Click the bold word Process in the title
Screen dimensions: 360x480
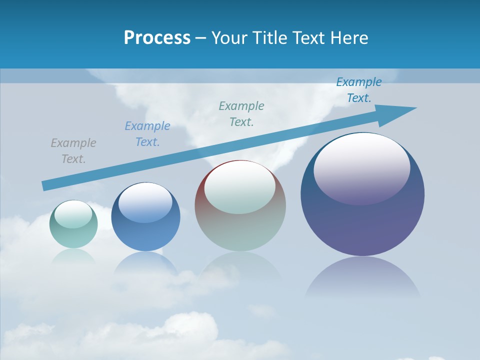pos(157,38)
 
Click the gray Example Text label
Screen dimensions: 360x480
pos(73,151)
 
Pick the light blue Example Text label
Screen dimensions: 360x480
pos(147,134)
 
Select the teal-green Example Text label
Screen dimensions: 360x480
pos(241,113)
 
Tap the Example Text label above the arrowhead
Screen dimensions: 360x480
pos(359,90)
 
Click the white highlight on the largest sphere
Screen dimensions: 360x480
pos(361,167)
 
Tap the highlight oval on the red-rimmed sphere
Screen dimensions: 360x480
pos(239,187)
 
